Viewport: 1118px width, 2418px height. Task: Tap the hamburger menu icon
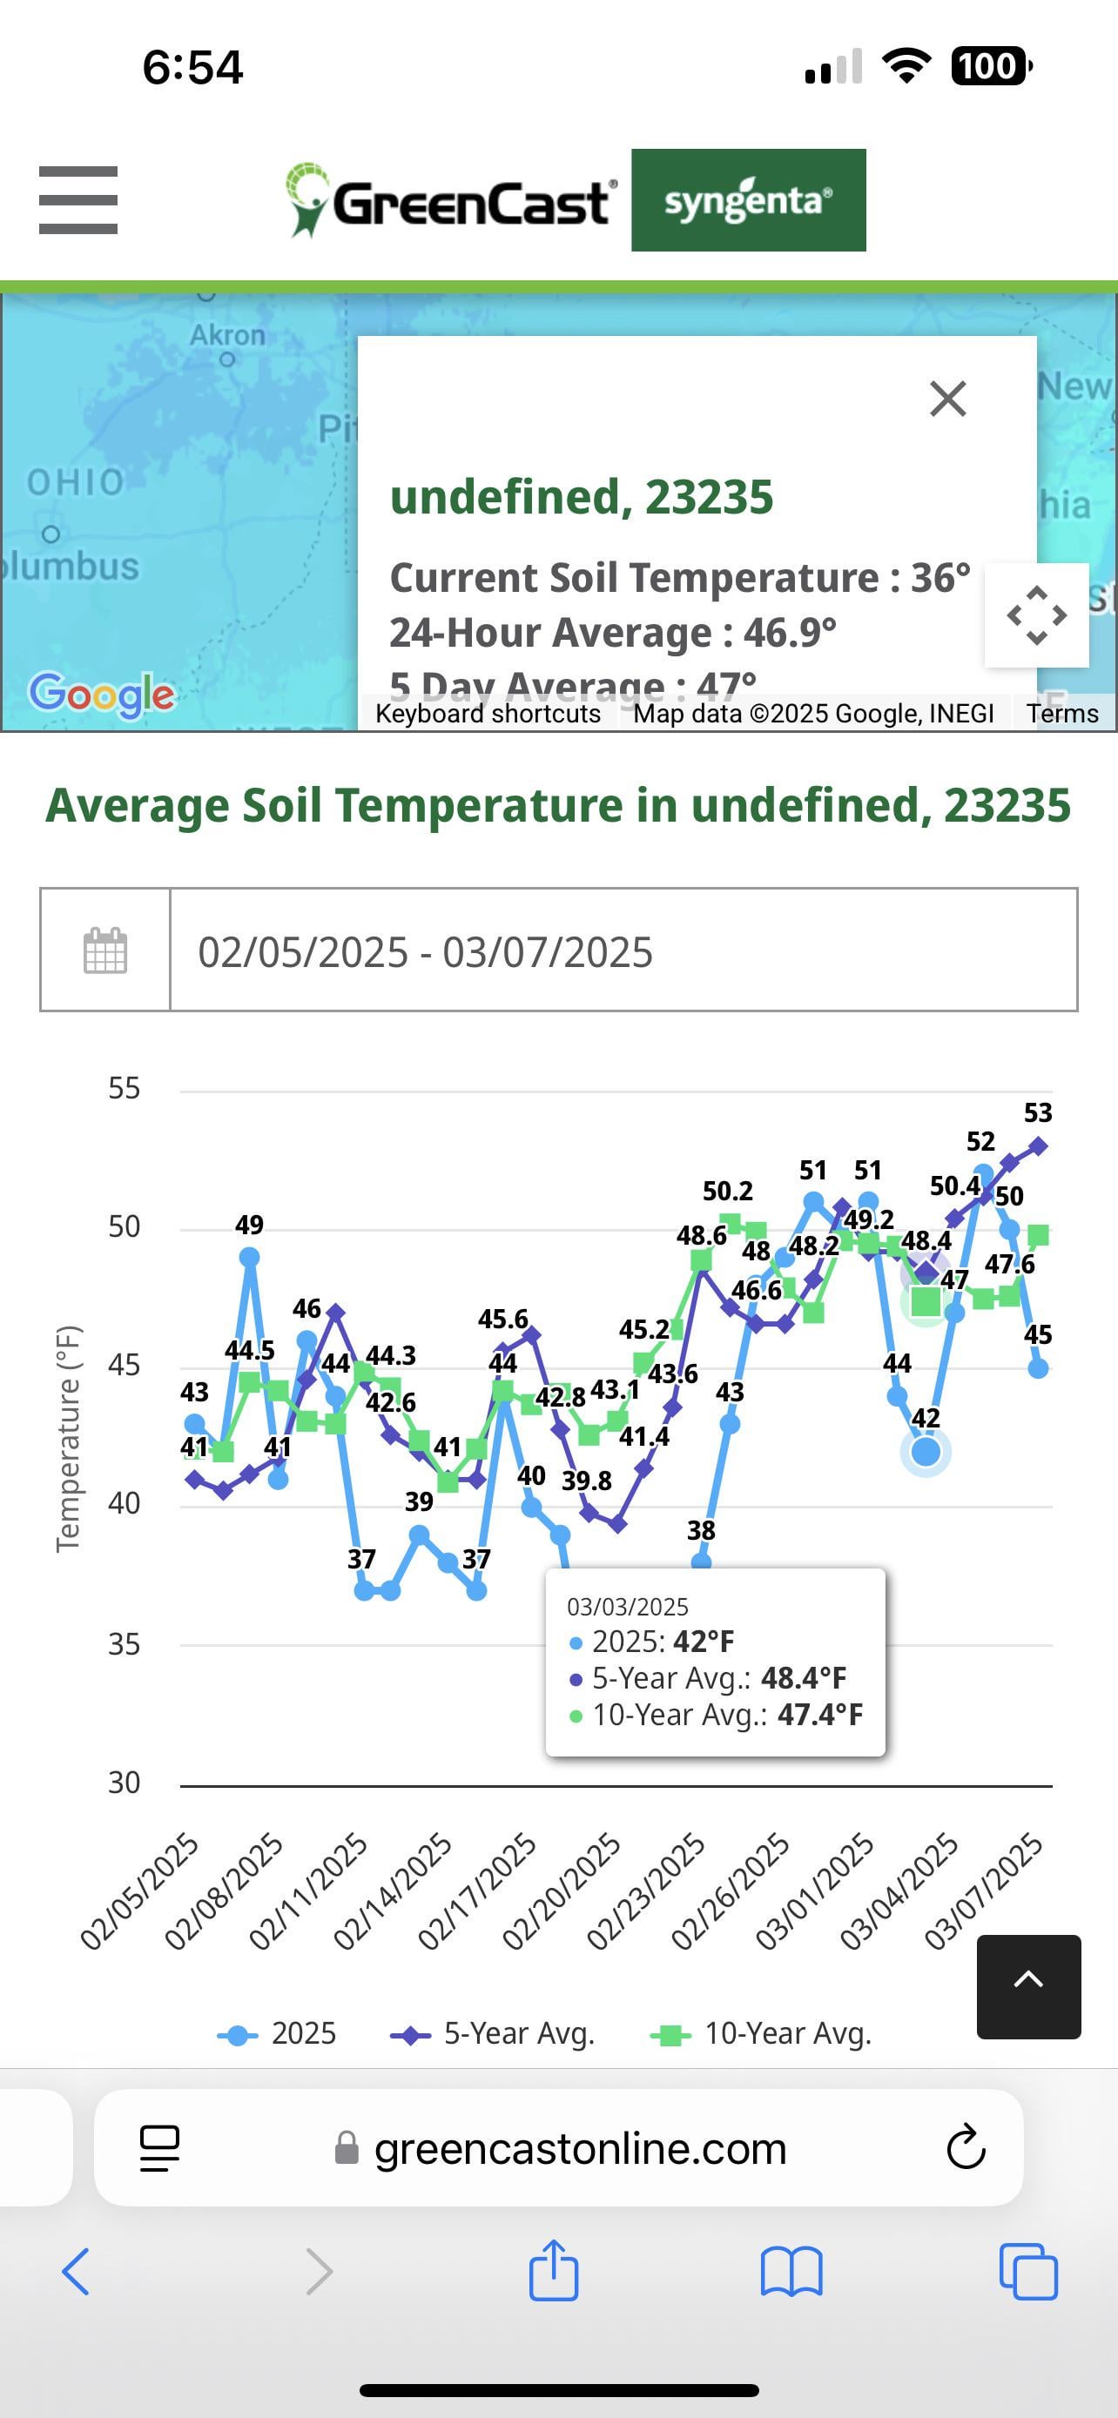point(77,200)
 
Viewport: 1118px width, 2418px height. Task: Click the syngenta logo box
point(748,200)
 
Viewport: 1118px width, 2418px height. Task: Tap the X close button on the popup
point(947,399)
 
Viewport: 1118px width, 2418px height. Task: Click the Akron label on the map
point(227,335)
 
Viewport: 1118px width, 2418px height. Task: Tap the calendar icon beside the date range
point(105,950)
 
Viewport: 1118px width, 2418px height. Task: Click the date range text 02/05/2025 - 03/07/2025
point(425,952)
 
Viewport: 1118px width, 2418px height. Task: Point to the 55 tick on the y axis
point(124,1089)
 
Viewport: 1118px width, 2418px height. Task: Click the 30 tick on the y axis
point(124,1783)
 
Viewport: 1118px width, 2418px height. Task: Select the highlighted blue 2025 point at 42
point(926,1452)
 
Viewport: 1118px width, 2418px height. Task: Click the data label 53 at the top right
point(1037,1113)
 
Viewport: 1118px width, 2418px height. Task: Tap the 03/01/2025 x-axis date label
point(814,1891)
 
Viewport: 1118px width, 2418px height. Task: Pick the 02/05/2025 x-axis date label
point(139,1891)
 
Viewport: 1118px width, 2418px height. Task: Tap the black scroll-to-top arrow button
point(1029,1979)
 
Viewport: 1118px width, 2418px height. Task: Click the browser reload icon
point(965,2147)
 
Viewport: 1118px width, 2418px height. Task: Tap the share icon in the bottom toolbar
point(553,2272)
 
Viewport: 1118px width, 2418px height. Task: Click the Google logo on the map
point(101,695)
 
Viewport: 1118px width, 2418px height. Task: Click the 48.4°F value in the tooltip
point(804,1677)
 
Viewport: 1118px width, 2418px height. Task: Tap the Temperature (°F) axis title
point(69,1438)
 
